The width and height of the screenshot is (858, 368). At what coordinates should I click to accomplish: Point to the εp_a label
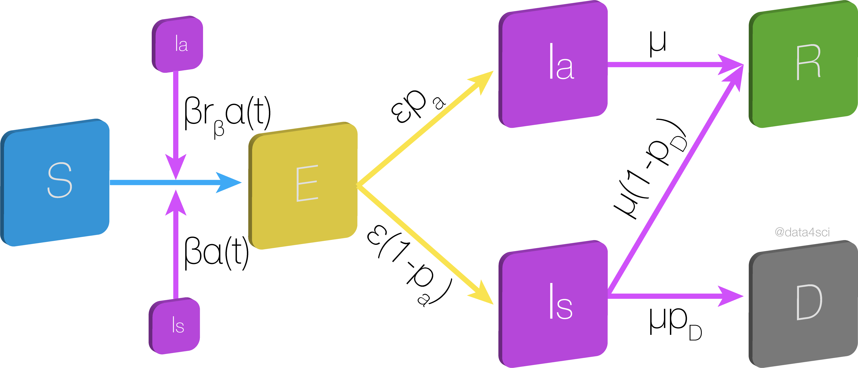pyautogui.click(x=416, y=105)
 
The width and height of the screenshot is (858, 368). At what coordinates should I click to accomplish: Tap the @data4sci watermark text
pyautogui.click(x=802, y=232)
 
